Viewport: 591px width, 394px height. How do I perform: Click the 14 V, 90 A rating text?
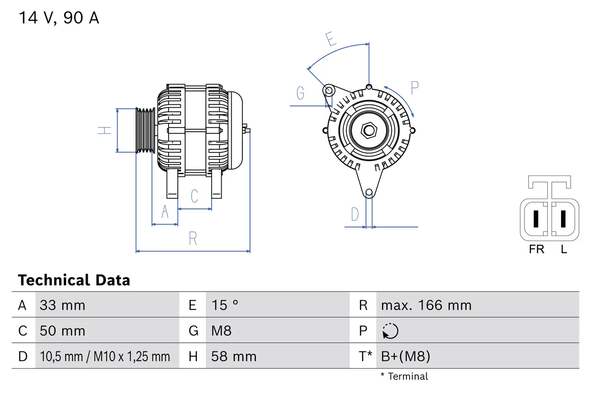(59, 18)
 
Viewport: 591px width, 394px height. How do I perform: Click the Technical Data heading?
(74, 280)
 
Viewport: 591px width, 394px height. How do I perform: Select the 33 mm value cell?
(62, 305)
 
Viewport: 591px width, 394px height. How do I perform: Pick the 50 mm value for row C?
(62, 331)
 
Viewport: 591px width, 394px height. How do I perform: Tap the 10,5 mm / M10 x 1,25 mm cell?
(105, 357)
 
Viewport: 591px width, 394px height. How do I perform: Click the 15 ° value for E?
(225, 305)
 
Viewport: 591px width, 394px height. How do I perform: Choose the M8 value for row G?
(221, 331)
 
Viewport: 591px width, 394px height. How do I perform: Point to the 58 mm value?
(234, 357)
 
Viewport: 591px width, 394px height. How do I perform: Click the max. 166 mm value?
(426, 305)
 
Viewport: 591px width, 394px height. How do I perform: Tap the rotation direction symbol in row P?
(390, 331)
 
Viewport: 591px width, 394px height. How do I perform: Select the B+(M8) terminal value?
(405, 357)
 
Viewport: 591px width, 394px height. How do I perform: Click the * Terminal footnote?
(404, 376)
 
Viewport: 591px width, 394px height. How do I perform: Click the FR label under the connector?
(537, 249)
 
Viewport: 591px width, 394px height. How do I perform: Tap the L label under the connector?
(564, 249)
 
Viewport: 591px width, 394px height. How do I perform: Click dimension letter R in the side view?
(193, 239)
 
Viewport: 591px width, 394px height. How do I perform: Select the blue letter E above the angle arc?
(330, 40)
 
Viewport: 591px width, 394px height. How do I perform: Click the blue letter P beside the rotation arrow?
(414, 88)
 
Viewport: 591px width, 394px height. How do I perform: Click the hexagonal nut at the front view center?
(368, 130)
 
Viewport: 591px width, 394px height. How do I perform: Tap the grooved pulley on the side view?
(145, 130)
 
